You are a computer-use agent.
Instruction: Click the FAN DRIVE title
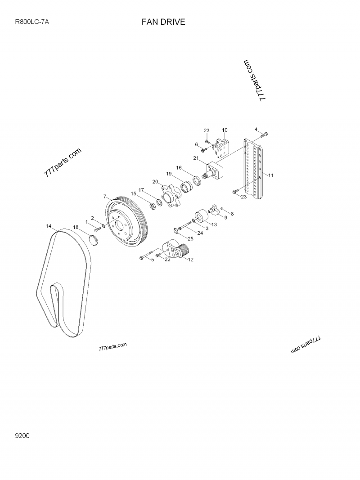point(163,22)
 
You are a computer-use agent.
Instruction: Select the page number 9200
point(22,435)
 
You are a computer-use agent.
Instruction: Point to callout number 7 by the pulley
point(105,197)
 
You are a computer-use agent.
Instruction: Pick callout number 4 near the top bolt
point(256,130)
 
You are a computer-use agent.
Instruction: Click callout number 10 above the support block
point(225,130)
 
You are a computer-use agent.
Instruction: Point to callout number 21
point(196,158)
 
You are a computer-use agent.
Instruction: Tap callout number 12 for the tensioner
point(190,260)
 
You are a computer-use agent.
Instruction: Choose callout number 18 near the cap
point(76,228)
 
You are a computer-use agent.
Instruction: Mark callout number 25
point(190,238)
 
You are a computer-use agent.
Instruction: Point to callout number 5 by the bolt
point(152,260)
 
